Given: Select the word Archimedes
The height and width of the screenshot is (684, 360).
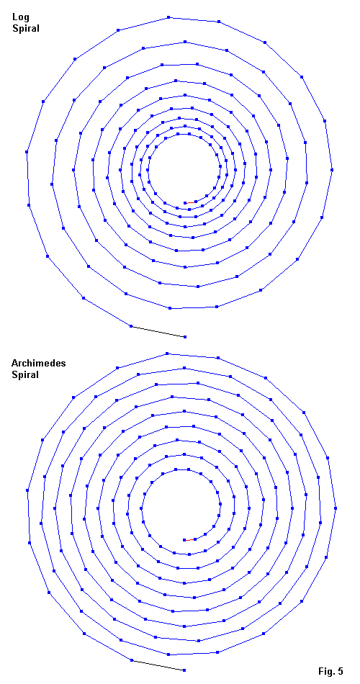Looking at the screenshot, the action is click(32, 363).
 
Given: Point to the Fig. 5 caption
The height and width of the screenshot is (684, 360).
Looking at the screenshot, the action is click(330, 671).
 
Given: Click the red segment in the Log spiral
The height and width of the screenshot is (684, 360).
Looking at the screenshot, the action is click(190, 202).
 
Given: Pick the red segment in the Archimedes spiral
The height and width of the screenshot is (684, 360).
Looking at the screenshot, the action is click(189, 539).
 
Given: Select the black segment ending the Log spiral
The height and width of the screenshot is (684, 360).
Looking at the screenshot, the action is click(158, 331).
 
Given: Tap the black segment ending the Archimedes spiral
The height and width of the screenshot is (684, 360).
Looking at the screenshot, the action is click(158, 665).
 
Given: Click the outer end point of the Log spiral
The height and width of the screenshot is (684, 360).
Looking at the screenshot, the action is click(185, 337).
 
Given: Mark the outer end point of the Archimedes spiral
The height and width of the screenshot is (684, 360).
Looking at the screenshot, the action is click(184, 670).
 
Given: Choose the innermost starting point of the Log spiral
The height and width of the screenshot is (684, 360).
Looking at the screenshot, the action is click(185, 203).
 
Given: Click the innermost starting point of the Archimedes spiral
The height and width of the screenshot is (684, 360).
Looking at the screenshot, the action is click(184, 539).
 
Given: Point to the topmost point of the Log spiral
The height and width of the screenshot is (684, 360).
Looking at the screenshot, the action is click(168, 17).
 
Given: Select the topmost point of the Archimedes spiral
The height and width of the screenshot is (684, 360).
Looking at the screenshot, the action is click(167, 353).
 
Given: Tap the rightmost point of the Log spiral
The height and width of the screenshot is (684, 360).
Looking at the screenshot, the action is click(332, 170).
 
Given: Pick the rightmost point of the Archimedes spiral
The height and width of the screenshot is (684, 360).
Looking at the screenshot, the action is click(336, 508).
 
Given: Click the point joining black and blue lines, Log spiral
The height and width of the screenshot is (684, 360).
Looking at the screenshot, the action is click(131, 326).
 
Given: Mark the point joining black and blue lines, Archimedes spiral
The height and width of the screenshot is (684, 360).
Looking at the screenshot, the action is click(132, 660).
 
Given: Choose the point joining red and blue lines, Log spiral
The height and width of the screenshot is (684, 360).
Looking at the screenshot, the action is click(196, 202).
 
